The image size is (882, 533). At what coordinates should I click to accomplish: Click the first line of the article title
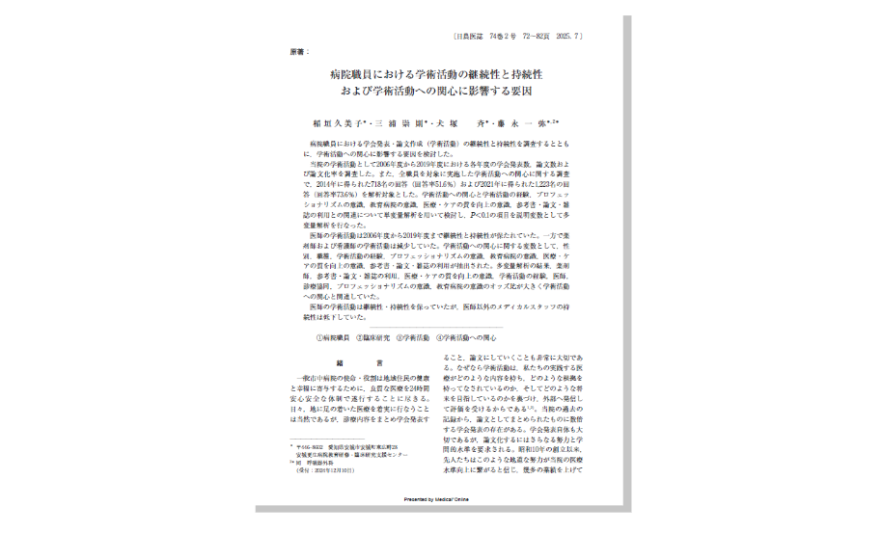(x=436, y=74)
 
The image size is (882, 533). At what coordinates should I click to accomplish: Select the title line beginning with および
(x=436, y=92)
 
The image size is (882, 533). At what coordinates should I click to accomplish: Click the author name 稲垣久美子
(x=336, y=124)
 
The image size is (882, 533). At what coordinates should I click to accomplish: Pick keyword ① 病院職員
(x=333, y=338)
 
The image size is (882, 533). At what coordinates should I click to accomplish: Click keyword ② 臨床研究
(x=373, y=338)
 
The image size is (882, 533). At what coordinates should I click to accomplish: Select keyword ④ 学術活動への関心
(x=466, y=338)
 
